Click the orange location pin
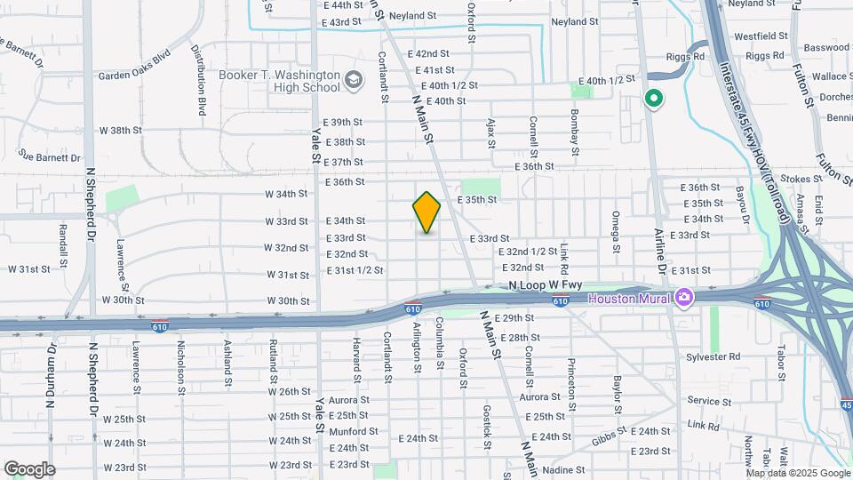pos(426,212)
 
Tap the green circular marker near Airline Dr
pos(654,99)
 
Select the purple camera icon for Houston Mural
pos(683,297)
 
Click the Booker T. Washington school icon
pos(355,81)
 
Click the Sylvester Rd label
pos(713,356)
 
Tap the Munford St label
pos(354,431)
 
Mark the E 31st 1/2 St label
pos(355,270)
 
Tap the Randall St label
pos(63,244)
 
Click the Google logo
pos(29,469)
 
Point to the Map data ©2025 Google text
pos(798,473)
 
